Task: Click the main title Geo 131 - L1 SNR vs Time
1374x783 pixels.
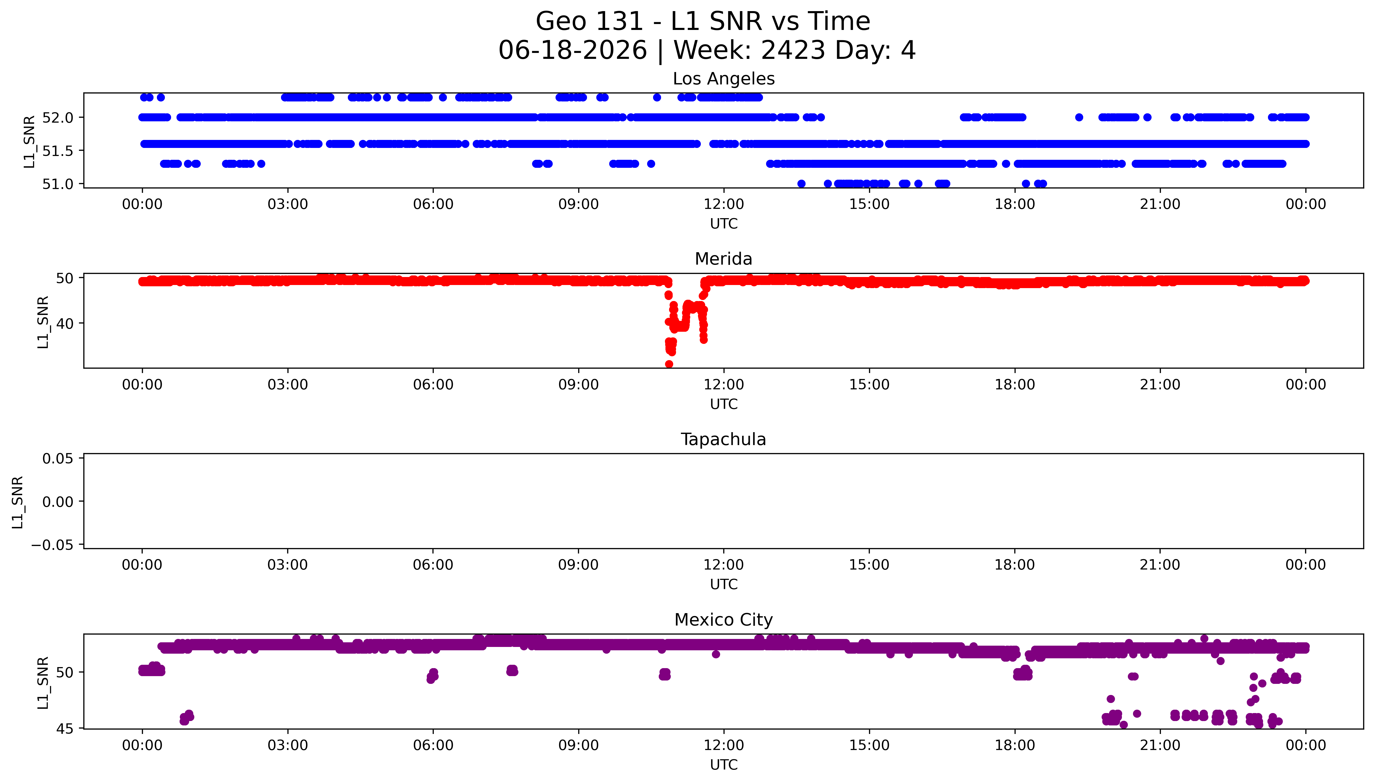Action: click(703, 21)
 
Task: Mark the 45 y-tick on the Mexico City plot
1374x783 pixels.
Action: click(65, 729)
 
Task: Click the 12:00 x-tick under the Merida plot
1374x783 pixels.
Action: click(724, 384)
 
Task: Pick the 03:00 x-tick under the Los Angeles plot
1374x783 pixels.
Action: click(287, 204)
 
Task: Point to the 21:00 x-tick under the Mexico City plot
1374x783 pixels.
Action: click(1160, 745)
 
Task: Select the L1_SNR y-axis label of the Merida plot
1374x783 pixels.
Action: click(43, 322)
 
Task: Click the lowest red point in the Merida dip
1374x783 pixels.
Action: click(669, 364)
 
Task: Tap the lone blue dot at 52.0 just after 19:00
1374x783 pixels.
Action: click(1079, 117)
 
